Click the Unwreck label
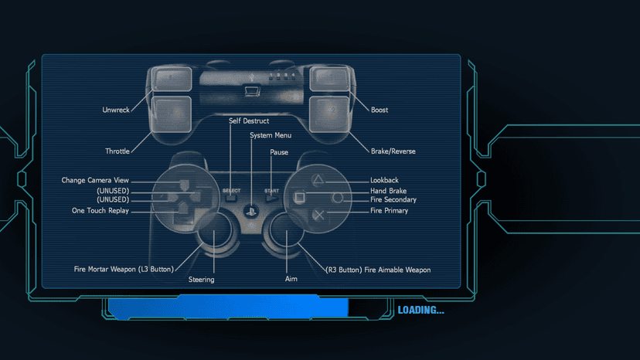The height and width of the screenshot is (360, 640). pos(116,110)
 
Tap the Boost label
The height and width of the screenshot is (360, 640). pos(380,110)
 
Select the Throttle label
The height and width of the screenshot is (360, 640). pos(117,151)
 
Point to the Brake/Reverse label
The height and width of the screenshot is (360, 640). pos(393,151)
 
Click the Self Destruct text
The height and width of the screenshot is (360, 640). pos(249,121)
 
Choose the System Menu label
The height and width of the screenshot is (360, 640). pos(271,135)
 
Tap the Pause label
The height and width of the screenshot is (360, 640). pos(279,152)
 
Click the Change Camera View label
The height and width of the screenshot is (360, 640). pos(95,180)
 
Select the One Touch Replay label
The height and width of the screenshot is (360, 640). pos(100,211)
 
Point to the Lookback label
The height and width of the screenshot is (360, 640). pos(384,180)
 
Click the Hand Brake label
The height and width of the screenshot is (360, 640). pos(388,191)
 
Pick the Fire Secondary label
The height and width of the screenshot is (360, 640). pos(393,199)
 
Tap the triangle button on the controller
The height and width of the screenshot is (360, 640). pos(318,179)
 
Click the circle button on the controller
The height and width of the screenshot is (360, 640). pos(337,198)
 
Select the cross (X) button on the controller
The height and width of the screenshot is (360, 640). pos(318,215)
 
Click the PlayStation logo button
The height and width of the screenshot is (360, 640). pos(251,212)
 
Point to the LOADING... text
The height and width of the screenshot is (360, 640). pos(420,311)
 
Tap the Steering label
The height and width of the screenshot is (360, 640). pos(201,280)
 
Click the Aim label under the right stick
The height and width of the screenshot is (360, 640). pos(291,279)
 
